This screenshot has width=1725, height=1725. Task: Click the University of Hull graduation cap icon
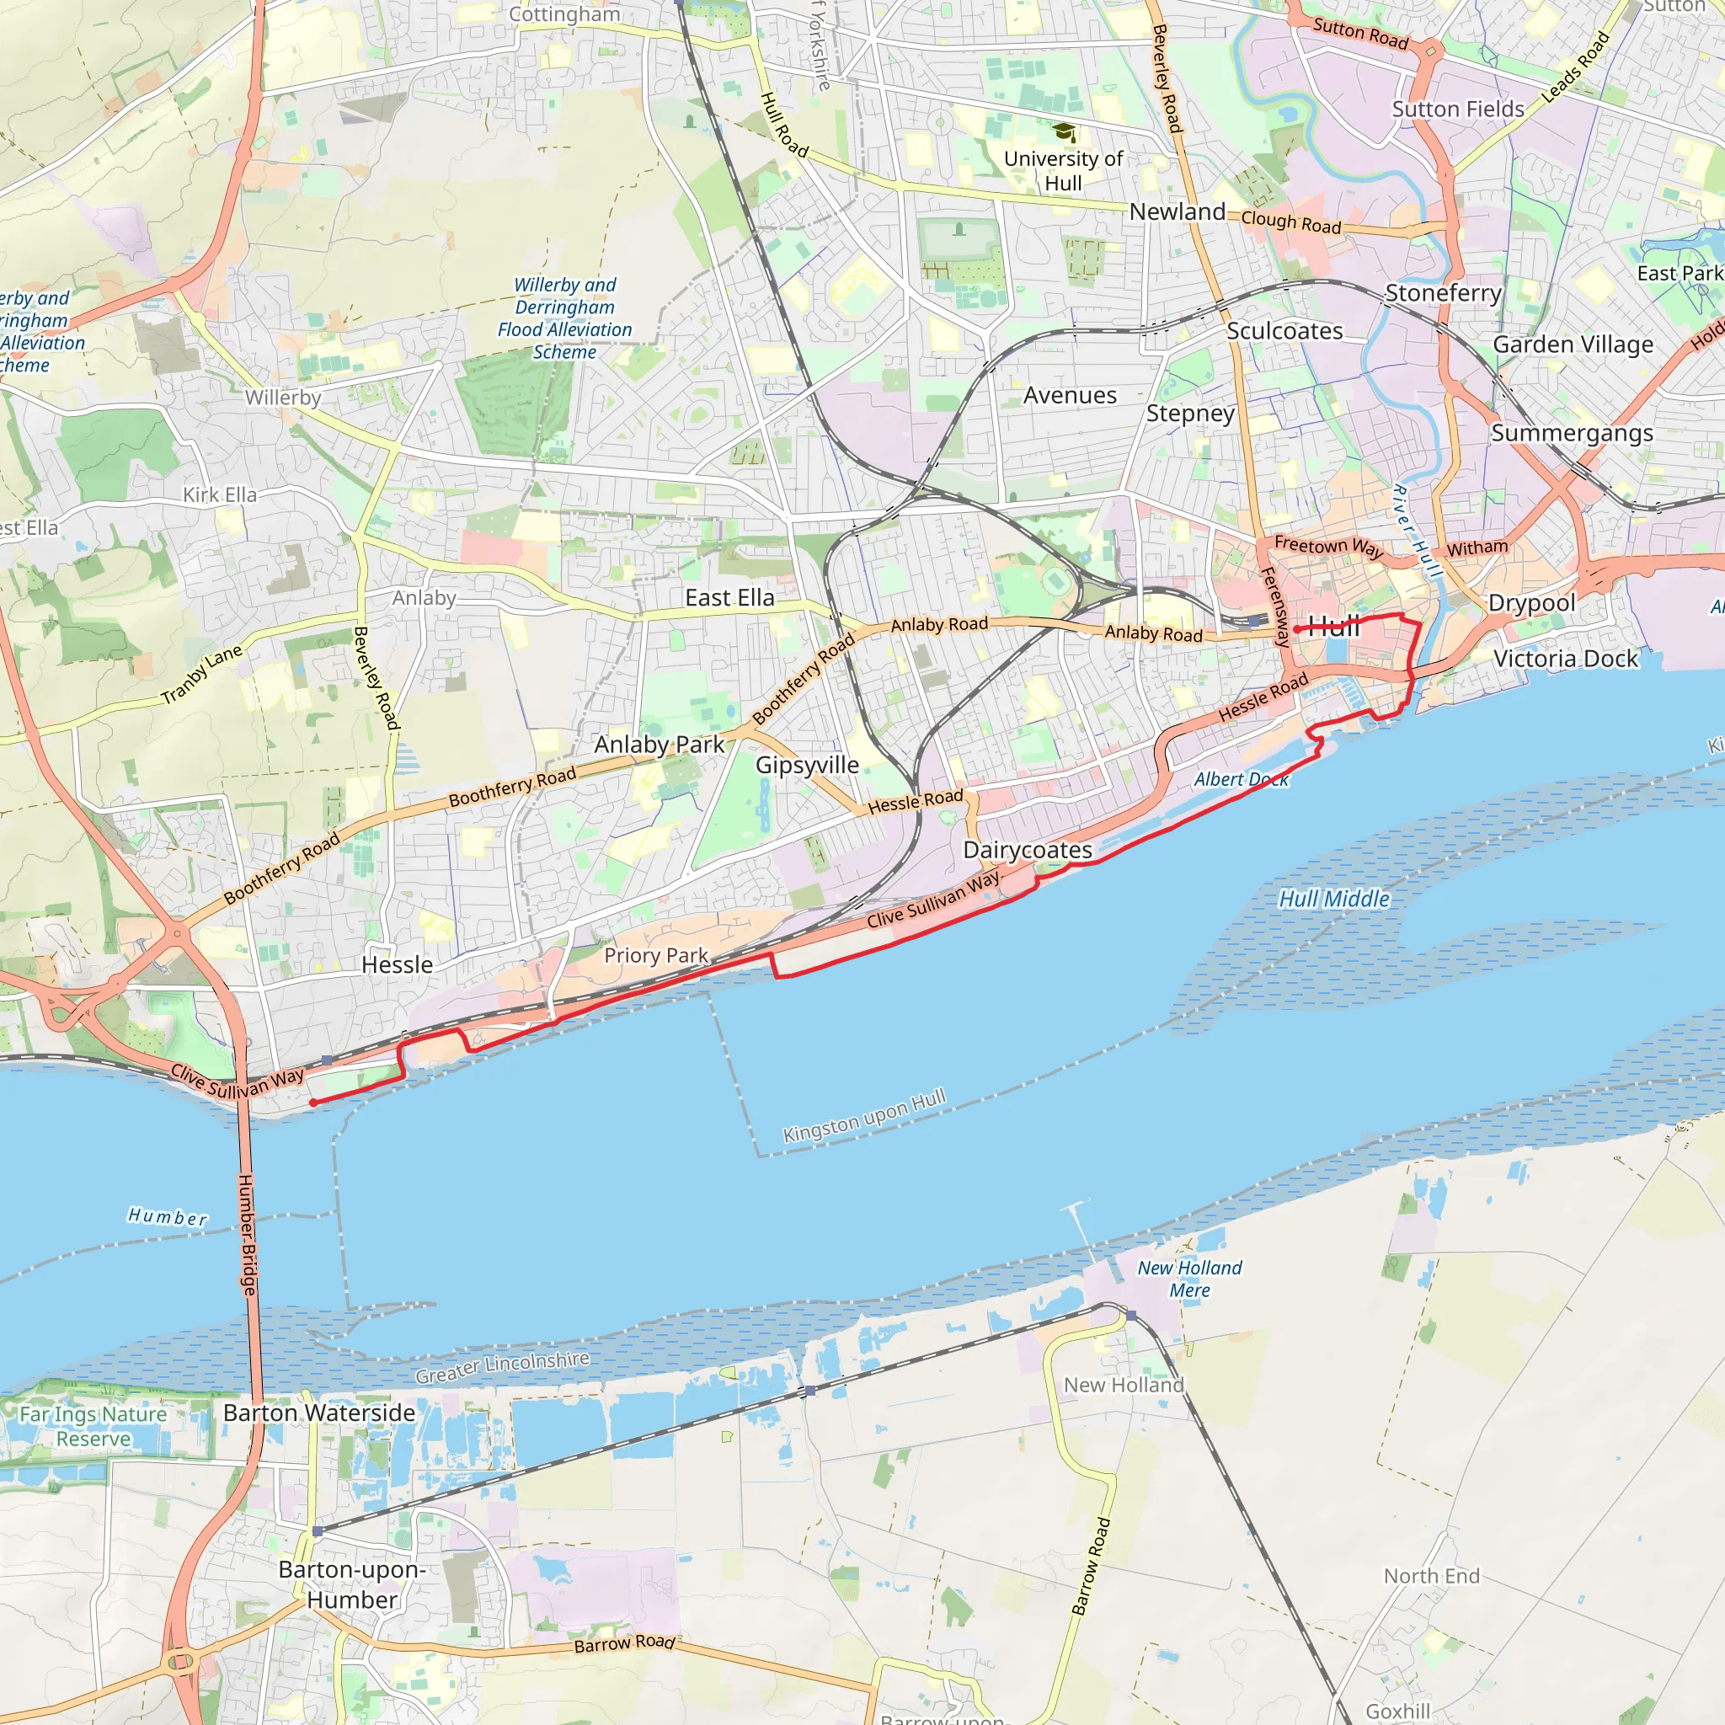click(1064, 133)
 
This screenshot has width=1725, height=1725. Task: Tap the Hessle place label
click(398, 965)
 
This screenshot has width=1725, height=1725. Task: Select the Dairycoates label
click(1027, 850)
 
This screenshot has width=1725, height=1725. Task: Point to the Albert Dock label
click(1241, 779)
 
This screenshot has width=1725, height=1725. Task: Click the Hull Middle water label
click(1334, 899)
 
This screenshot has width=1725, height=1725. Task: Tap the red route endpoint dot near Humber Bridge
click(313, 1103)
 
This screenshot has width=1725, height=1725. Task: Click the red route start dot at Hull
click(1296, 629)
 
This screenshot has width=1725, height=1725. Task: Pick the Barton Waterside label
click(318, 1413)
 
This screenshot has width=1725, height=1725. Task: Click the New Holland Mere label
click(1189, 1279)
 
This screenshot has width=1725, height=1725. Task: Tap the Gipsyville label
click(807, 765)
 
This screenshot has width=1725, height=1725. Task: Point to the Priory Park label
click(655, 955)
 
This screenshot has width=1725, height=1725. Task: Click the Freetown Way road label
click(1327, 547)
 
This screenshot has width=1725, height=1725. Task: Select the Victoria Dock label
click(1565, 659)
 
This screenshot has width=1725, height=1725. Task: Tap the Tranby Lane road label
click(202, 674)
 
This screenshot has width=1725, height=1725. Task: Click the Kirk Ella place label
click(220, 494)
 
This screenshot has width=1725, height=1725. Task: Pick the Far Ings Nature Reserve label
click(93, 1426)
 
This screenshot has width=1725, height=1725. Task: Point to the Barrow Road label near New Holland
click(1091, 1566)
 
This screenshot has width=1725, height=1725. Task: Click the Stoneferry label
click(1443, 293)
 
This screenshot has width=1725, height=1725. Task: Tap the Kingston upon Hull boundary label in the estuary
click(863, 1116)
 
